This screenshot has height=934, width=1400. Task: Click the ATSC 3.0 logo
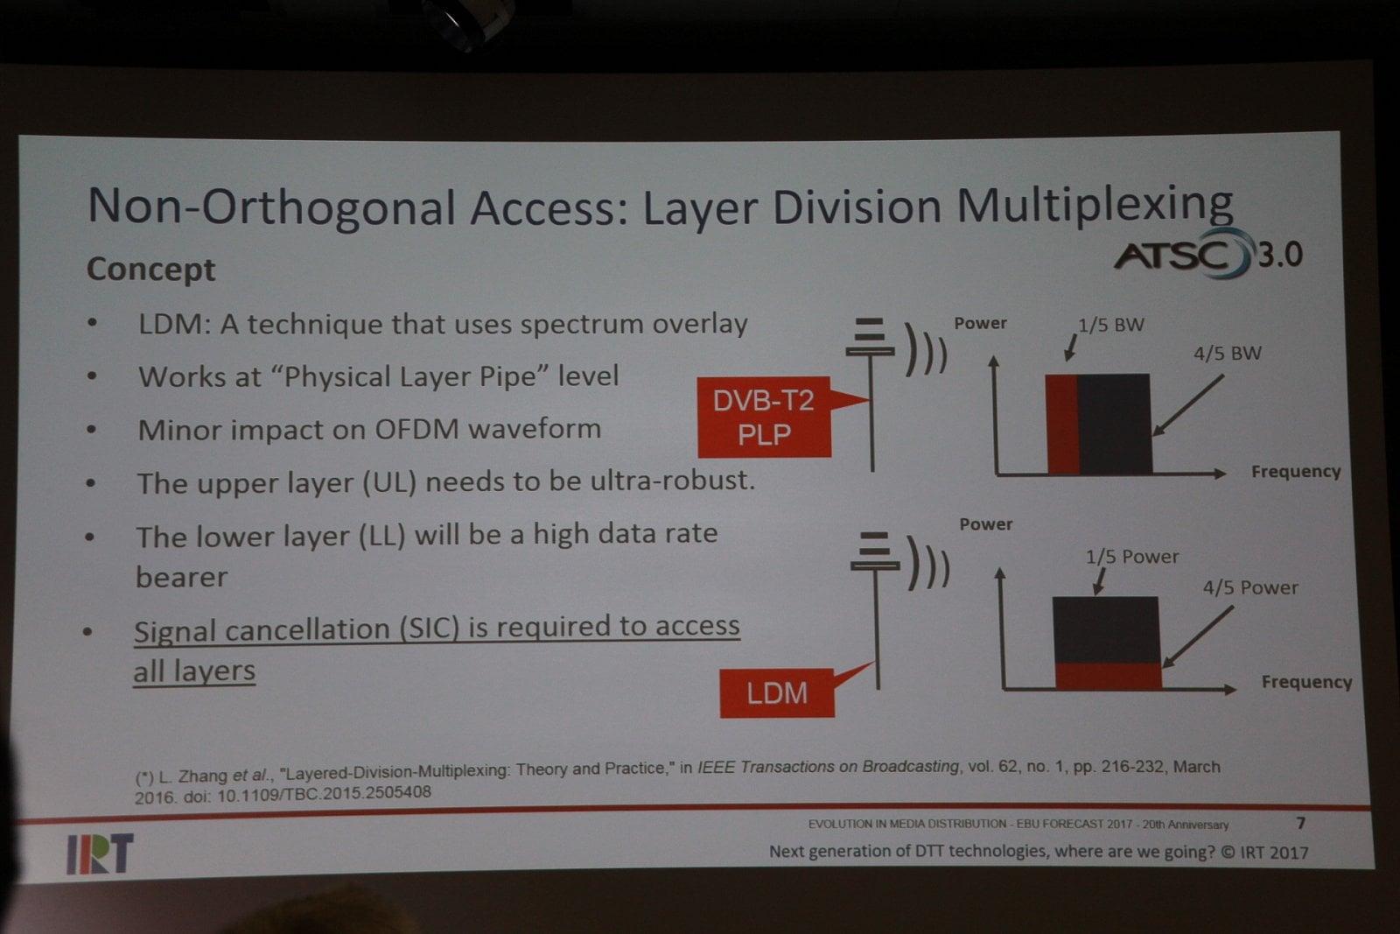tap(1208, 255)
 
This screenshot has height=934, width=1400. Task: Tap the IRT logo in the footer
tap(100, 853)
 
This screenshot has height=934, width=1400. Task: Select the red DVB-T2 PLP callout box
tap(765, 417)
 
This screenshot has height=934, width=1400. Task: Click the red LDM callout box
tap(777, 692)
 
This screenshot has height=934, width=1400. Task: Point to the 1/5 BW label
tap(1111, 325)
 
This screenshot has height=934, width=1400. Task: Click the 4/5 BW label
tap(1228, 354)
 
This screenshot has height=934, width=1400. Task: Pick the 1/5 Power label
tap(1132, 557)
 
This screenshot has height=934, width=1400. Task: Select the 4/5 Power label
tap(1250, 587)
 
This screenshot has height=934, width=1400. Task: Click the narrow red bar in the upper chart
tap(1062, 424)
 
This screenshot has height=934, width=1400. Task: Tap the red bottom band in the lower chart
tap(1108, 676)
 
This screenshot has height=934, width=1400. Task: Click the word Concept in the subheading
tap(150, 270)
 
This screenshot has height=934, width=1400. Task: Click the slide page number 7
tap(1301, 823)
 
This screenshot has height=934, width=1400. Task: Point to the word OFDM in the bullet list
tap(416, 430)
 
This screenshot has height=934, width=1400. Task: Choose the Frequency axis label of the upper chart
tap(1296, 471)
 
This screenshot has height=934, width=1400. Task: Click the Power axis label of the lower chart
tap(985, 523)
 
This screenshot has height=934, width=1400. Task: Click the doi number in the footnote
tap(324, 794)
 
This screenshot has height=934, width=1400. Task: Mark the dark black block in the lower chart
tap(1106, 629)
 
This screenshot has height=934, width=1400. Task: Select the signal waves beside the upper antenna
tap(927, 350)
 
